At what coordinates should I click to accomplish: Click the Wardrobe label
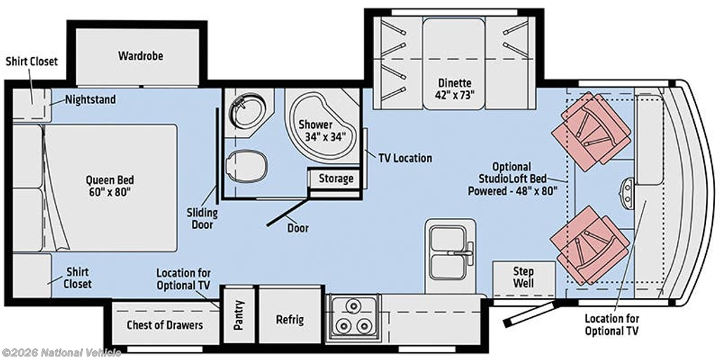click(141, 56)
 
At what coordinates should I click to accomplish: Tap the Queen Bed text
click(110, 179)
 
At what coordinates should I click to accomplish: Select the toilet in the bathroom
click(247, 166)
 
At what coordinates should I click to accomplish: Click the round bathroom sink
click(248, 110)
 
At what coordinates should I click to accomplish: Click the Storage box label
click(336, 178)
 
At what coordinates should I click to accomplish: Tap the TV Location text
click(405, 158)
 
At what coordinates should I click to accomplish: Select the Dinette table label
click(454, 89)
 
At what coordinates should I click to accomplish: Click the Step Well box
click(523, 279)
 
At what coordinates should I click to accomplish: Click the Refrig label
click(290, 319)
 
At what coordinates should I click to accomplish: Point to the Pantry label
click(238, 315)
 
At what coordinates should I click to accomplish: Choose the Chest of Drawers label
click(165, 325)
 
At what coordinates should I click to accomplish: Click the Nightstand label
click(90, 99)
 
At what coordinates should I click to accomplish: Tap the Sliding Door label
click(202, 219)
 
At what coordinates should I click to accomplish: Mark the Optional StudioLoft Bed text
click(513, 179)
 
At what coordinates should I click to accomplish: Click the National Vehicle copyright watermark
click(61, 353)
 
